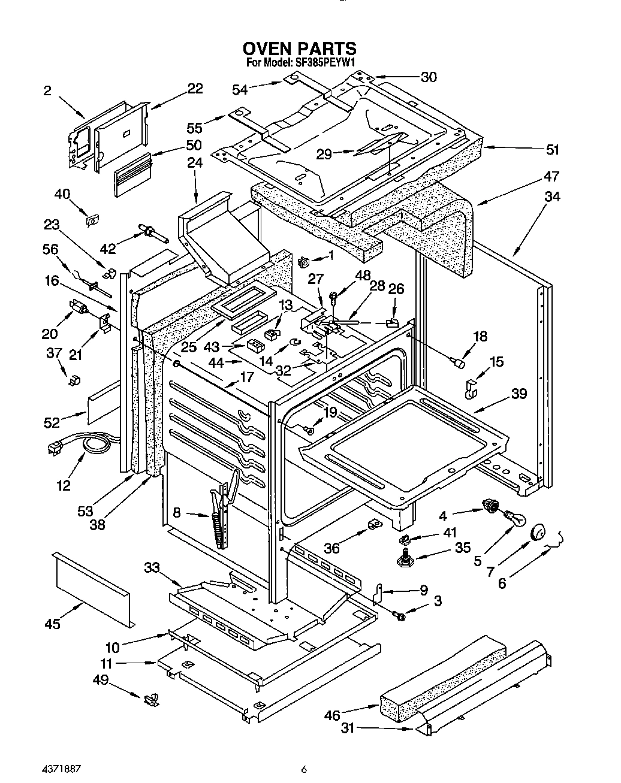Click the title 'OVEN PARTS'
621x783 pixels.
click(299, 48)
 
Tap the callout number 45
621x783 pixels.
click(53, 624)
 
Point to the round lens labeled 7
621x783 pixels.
click(538, 532)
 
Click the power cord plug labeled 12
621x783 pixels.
click(56, 448)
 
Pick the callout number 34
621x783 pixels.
click(551, 196)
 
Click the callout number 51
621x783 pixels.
click(551, 150)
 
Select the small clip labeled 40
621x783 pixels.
click(92, 221)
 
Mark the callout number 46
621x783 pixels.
click(331, 715)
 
